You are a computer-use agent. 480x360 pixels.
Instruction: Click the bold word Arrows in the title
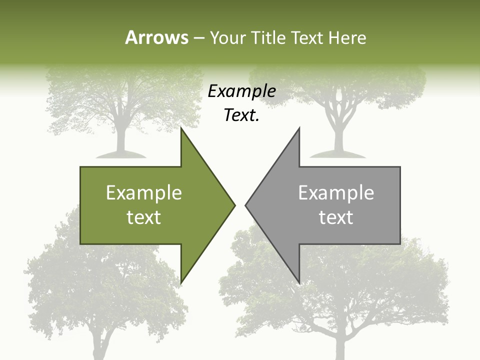156,37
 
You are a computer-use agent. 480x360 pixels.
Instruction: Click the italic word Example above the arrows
242,91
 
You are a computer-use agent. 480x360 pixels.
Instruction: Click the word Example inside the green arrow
144,192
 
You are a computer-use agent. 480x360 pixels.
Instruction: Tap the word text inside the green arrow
144,217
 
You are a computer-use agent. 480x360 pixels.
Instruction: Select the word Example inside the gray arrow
336,192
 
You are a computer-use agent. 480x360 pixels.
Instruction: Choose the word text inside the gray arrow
336,217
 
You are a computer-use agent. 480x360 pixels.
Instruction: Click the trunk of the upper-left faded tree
120,135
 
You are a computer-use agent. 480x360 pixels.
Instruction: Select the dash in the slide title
198,38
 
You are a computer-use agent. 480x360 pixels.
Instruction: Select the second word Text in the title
307,37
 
